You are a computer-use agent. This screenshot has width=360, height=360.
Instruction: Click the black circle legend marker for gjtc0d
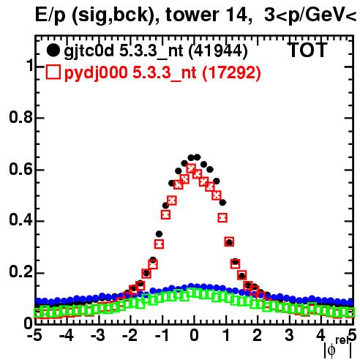(53, 50)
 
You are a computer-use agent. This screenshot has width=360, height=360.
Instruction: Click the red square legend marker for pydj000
(53, 72)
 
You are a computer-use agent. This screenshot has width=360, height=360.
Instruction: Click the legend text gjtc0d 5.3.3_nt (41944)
(156, 51)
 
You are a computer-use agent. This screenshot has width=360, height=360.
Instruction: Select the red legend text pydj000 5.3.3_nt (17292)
(162, 72)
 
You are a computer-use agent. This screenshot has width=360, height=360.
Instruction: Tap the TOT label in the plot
(307, 50)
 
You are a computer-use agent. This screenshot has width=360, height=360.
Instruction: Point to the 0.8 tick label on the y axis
(21, 117)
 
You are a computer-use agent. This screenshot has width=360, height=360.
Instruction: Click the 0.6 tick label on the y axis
(21, 169)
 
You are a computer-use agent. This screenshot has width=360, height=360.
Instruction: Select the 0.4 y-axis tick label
(21, 220)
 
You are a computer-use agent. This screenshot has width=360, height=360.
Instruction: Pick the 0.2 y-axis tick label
(21, 272)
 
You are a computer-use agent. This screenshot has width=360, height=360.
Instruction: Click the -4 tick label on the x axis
(67, 336)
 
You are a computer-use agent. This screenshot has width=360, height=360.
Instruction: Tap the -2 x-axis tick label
(130, 336)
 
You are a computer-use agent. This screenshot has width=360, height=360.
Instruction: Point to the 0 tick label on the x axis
(194, 336)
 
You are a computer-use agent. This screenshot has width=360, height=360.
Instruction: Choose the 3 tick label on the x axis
(289, 336)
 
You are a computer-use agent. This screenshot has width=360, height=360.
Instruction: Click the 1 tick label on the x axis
(226, 336)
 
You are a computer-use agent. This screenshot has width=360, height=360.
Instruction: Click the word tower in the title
(192, 15)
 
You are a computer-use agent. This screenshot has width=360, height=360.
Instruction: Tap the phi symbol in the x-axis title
(331, 350)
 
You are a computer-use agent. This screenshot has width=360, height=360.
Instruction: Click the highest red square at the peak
(191, 169)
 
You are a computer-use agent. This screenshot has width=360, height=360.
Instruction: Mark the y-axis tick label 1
(29, 65)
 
